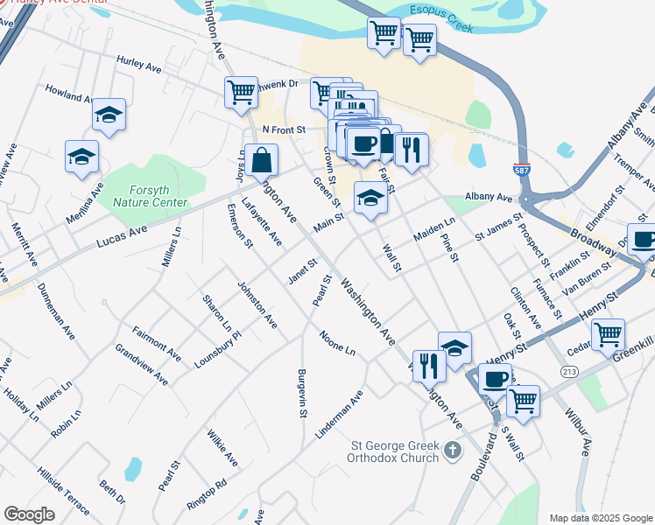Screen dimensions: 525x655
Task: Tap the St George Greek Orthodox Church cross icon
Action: pyautogui.click(x=452, y=451)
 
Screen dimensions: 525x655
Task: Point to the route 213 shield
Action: pyautogui.click(x=569, y=372)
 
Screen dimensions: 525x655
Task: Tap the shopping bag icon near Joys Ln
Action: pyautogui.click(x=261, y=161)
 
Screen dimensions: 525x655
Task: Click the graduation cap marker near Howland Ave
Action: pyautogui.click(x=109, y=115)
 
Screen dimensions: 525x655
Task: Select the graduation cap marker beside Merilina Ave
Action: pyautogui.click(x=81, y=157)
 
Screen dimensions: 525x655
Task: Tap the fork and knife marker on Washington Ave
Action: pyautogui.click(x=428, y=365)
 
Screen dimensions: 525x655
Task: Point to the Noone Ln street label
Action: pyautogui.click(x=337, y=343)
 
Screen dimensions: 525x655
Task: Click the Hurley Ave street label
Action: pyautogui.click(x=139, y=62)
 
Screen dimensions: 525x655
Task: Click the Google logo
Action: pyautogui.click(x=29, y=514)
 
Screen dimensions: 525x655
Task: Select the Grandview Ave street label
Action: pyautogui.click(x=141, y=364)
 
